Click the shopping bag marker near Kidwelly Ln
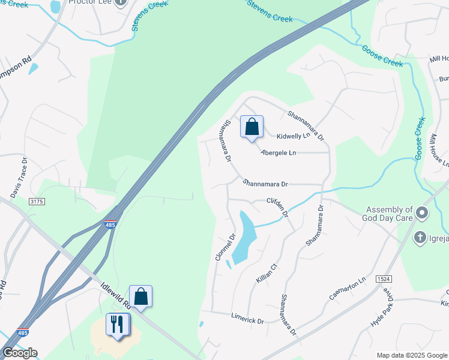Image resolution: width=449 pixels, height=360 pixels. click(252, 127)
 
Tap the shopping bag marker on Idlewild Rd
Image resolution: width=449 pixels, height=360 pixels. click(140, 296)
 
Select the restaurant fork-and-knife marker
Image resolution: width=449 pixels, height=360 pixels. click(118, 325)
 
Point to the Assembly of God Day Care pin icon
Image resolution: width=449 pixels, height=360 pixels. click(423, 213)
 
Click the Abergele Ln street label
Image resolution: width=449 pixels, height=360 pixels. click(279, 153)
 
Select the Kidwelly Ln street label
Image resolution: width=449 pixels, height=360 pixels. click(292, 136)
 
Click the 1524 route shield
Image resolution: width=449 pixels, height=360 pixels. click(384, 280)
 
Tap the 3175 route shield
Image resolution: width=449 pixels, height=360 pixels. click(37, 202)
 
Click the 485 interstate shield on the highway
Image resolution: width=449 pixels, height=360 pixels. click(109, 224)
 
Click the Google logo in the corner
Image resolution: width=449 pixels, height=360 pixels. click(20, 353)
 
